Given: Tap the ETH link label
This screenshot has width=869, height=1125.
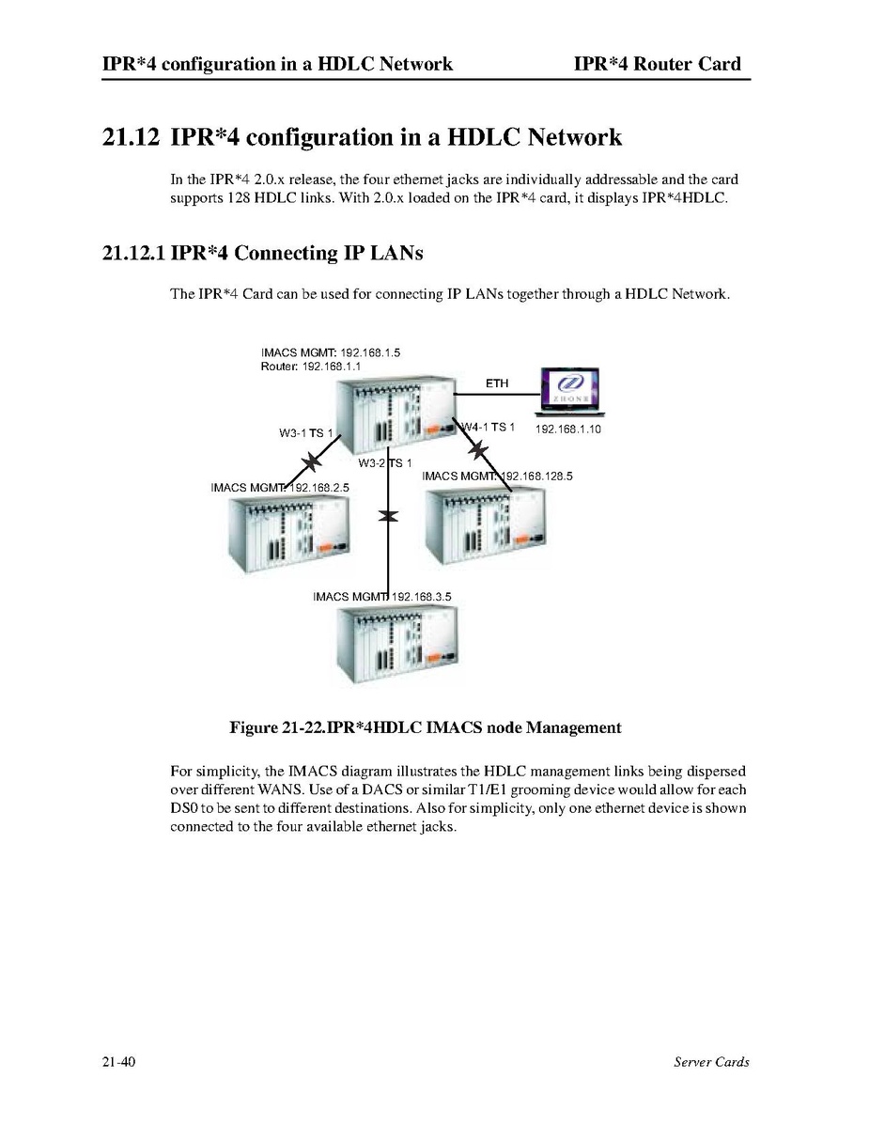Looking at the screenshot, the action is [x=496, y=383].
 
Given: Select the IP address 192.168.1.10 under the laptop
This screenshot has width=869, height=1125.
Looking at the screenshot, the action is [x=567, y=430].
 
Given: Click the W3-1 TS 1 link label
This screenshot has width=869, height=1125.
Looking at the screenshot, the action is [x=306, y=433].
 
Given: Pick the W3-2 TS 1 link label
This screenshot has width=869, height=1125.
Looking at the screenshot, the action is [x=384, y=462].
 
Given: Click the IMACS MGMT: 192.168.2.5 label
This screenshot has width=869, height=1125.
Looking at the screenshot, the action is [x=280, y=487].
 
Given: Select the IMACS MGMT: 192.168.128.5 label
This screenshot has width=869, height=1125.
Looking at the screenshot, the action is [x=497, y=476].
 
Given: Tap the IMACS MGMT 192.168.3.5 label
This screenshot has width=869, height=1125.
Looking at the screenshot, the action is [x=382, y=596].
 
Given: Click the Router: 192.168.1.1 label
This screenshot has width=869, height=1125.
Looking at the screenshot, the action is [x=310, y=366].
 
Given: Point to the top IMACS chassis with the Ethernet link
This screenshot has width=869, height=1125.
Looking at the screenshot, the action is [x=396, y=414].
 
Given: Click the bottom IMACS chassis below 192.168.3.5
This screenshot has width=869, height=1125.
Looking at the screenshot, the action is [x=396, y=645].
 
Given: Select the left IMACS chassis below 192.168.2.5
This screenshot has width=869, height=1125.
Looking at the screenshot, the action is [x=288, y=533].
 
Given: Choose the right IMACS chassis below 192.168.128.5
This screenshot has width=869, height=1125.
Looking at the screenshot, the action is [x=485, y=526].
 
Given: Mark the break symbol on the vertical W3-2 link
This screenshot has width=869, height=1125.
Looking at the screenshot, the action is [x=388, y=516].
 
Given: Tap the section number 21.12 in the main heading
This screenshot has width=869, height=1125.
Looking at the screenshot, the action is [x=131, y=136].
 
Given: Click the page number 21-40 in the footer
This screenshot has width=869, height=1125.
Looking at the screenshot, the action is [x=118, y=1062].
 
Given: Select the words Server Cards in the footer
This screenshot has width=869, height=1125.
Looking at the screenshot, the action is [x=711, y=1062].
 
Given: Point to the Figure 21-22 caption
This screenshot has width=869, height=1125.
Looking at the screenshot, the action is [x=426, y=727].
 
